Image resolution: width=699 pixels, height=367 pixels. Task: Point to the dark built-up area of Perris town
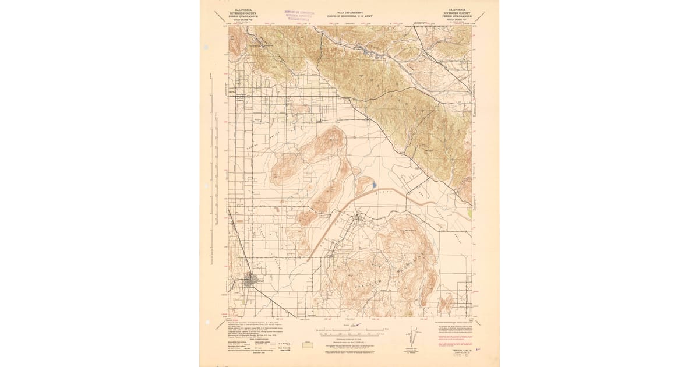tap(255, 280)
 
